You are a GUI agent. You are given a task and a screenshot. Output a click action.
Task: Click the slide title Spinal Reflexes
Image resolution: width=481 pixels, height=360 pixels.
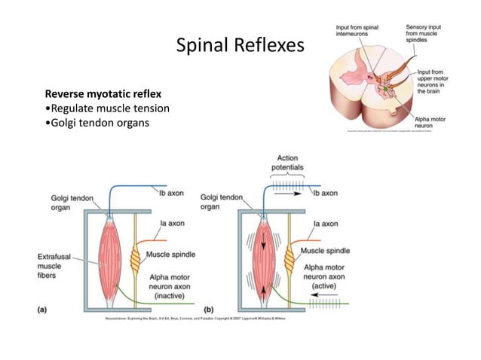[240, 47]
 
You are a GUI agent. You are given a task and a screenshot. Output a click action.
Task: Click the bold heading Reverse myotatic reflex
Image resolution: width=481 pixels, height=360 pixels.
[103, 94]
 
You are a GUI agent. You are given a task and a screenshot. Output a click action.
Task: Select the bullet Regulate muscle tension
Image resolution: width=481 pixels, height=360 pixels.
[107, 108]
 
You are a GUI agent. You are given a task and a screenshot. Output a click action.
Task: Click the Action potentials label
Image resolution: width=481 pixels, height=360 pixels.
[286, 162]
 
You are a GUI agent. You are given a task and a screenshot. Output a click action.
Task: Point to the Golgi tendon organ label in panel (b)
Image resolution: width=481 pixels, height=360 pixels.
[222, 201]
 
